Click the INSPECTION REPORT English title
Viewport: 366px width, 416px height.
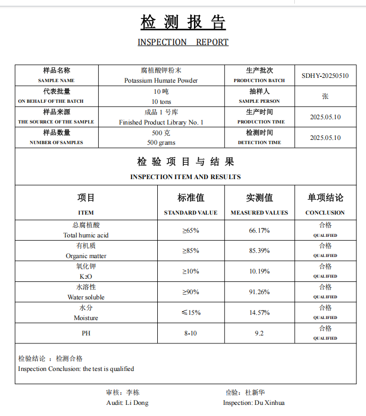pyautogui.click(x=183, y=42)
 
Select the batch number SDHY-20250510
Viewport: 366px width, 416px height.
pyautogui.click(x=325, y=76)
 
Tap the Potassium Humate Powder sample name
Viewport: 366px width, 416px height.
pyautogui.click(x=161, y=81)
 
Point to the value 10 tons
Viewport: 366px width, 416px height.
pyautogui.click(x=161, y=101)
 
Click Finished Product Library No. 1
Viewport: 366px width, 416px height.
pyautogui.click(x=161, y=122)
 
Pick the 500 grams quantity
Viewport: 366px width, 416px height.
pyautogui.click(x=161, y=143)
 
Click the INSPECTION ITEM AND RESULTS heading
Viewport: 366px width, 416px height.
pyautogui.click(x=185, y=177)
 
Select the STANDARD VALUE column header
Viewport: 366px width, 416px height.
pyautogui.click(x=191, y=213)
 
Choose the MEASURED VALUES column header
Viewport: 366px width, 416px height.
pyautogui.click(x=259, y=213)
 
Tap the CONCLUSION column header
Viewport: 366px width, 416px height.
pyautogui.click(x=325, y=213)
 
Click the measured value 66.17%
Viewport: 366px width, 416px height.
pyautogui.click(x=259, y=231)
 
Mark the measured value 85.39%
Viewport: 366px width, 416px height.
pyautogui.click(x=259, y=251)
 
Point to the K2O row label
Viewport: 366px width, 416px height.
pyautogui.click(x=86, y=277)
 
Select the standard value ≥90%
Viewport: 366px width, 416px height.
pyautogui.click(x=191, y=292)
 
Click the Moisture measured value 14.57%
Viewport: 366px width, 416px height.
pyautogui.click(x=259, y=313)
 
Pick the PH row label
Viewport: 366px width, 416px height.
pyautogui.click(x=86, y=333)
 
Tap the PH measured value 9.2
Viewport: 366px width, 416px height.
pyautogui.click(x=259, y=333)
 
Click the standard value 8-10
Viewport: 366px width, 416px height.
pyautogui.click(x=191, y=333)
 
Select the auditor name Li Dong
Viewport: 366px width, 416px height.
pyautogui.click(x=137, y=403)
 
